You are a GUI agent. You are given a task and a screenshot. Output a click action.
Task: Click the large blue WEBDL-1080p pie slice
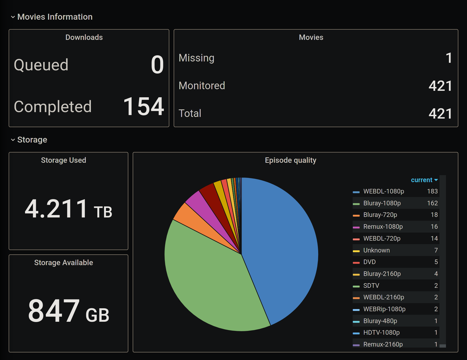coord(280,243)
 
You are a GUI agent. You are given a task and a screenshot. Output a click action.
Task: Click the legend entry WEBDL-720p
coord(382,238)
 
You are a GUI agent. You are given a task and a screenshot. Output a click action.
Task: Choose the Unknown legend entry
coord(376,250)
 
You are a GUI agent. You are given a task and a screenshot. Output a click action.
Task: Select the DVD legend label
coord(369,262)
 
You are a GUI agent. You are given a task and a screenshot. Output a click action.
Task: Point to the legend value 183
coord(432,191)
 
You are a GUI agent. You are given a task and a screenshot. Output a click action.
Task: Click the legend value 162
coord(432,203)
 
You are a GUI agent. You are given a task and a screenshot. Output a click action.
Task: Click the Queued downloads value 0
coord(157,65)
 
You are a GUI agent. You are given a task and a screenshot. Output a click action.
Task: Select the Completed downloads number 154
coord(143,107)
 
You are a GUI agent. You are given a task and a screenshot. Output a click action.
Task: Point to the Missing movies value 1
coord(449,58)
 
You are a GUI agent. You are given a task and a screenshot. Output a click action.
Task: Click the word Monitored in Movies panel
coord(202,86)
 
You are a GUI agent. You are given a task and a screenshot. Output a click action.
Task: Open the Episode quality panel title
coord(290,160)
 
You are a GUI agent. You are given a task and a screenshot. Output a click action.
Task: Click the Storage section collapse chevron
coord(13,140)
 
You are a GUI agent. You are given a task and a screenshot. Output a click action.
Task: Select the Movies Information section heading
coord(55,17)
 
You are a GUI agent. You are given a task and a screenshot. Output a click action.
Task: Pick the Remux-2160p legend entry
coord(383,344)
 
